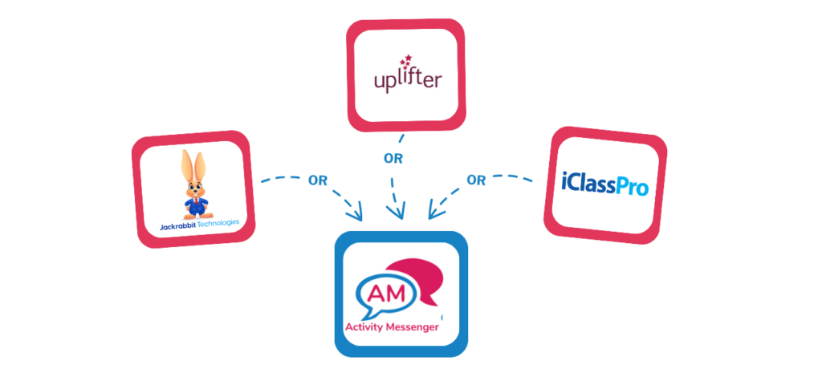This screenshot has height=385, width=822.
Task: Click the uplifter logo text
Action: coord(407,81)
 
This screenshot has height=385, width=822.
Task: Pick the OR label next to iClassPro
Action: coord(476,180)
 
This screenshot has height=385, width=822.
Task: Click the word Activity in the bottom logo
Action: coord(367,327)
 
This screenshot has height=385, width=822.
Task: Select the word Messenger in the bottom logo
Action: coord(416,327)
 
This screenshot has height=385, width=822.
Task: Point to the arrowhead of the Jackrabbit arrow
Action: coord(356,215)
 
